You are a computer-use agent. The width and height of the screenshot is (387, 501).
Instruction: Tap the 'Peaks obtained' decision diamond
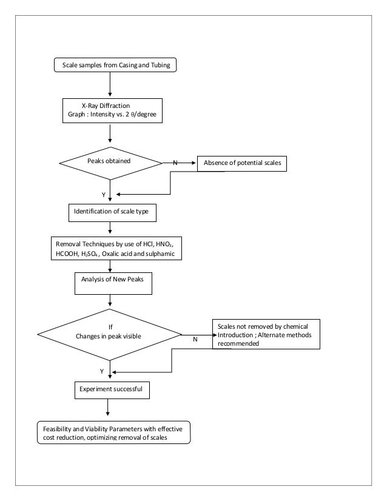[x=110, y=162]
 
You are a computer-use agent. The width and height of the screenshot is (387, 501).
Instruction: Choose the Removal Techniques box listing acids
[x=116, y=249]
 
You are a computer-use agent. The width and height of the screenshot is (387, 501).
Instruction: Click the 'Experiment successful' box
[x=110, y=389]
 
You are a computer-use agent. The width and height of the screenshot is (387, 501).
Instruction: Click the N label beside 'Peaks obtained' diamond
[x=175, y=163]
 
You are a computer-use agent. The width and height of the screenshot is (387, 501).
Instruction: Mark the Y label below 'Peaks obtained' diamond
[x=103, y=194]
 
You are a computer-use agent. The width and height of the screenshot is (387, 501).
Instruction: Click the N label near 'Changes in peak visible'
[x=195, y=340]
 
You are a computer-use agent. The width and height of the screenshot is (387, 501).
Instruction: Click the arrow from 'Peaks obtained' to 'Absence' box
[x=180, y=163]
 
